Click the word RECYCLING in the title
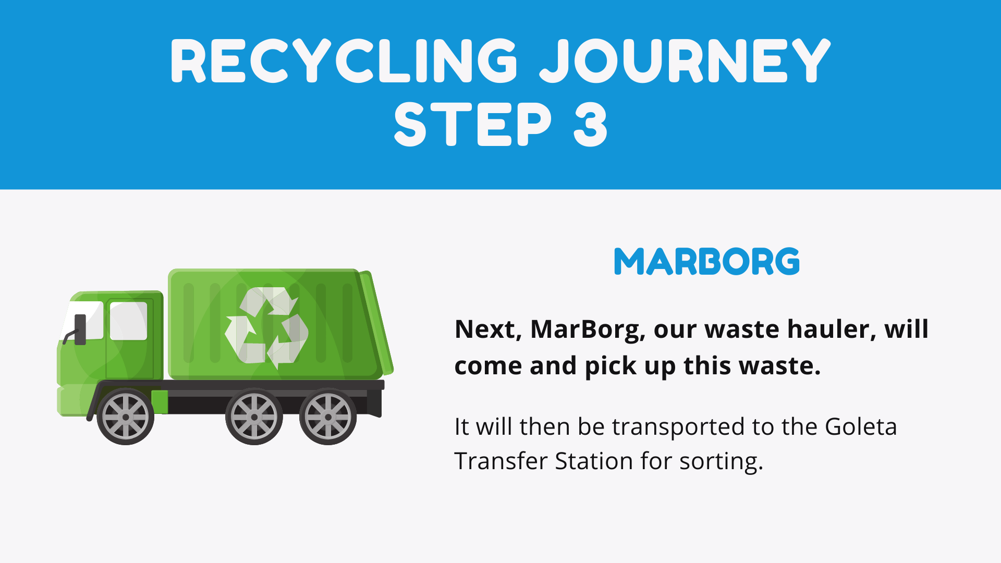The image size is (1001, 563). tap(345, 61)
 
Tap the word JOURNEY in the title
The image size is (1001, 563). tap(685, 61)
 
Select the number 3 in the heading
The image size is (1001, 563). tap(590, 124)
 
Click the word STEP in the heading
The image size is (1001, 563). tap(473, 124)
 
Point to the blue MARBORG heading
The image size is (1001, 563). tap(707, 261)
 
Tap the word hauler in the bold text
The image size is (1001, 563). tap(832, 329)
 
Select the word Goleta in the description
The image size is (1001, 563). tap(861, 426)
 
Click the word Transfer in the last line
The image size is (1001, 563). tap(499, 461)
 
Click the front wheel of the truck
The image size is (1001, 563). tap(126, 417)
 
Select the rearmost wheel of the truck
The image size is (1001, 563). tap(328, 417)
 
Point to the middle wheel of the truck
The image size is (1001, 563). tap(254, 417)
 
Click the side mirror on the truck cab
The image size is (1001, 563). tap(80, 329)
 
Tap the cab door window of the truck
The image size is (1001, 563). tap(128, 321)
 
